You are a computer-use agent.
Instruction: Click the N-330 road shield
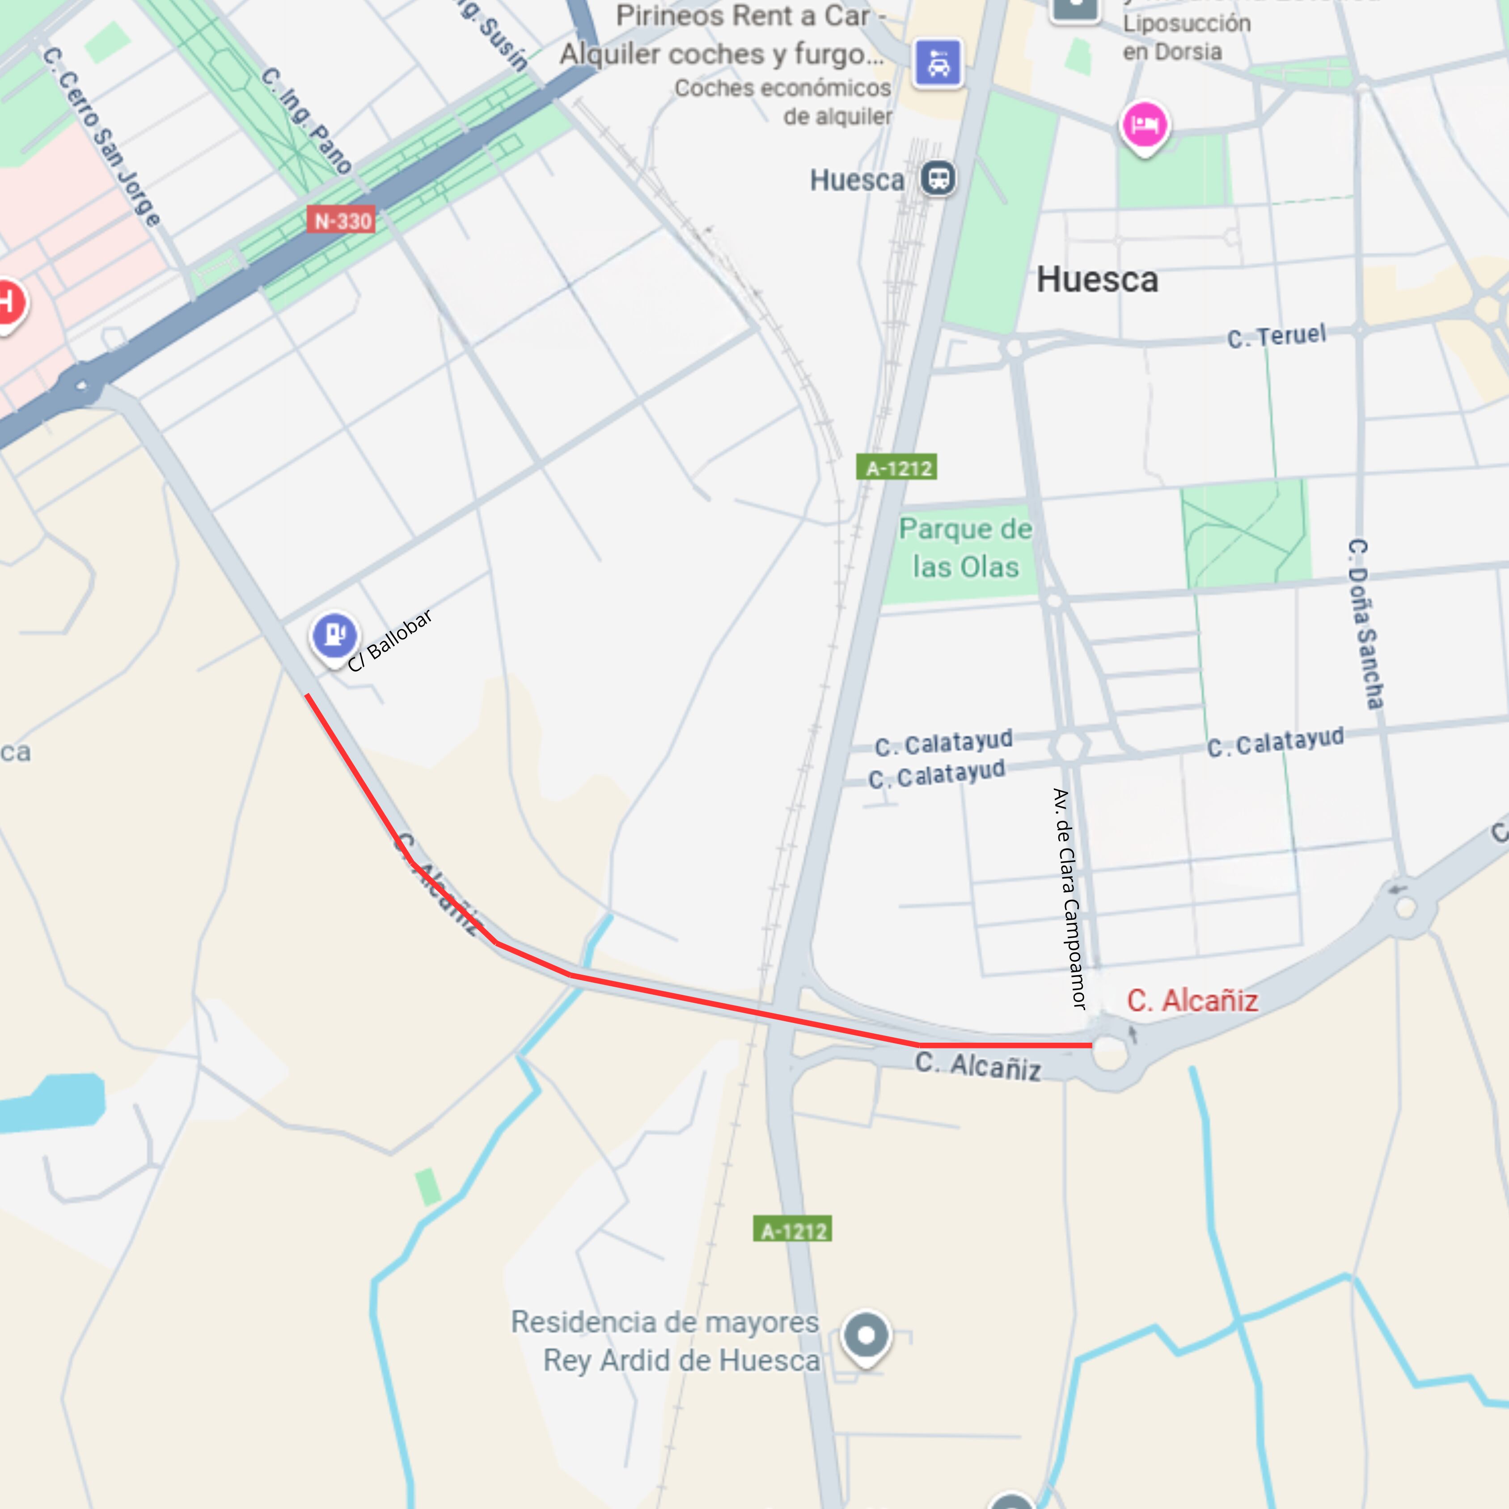coord(342,221)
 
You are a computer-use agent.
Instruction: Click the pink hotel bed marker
coord(1144,125)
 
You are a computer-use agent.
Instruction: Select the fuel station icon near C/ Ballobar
coord(335,634)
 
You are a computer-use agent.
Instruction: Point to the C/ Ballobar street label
coord(390,640)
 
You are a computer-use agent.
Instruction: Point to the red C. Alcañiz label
coord(1192,1001)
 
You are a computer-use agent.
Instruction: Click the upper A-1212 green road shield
coord(896,468)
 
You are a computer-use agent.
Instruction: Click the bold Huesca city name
coord(1097,279)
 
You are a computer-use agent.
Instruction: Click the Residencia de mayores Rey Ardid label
coord(665,1341)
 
